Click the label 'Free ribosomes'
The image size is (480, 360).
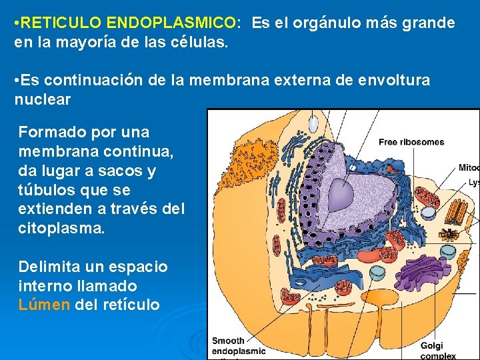click(x=411, y=142)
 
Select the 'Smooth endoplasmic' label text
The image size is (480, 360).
click(x=239, y=346)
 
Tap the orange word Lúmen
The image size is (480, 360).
click(x=44, y=305)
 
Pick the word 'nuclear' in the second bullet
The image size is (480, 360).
click(x=42, y=100)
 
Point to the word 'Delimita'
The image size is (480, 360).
click(x=46, y=267)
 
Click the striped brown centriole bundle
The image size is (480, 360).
click(x=457, y=212)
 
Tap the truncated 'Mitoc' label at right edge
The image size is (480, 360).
click(x=469, y=167)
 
